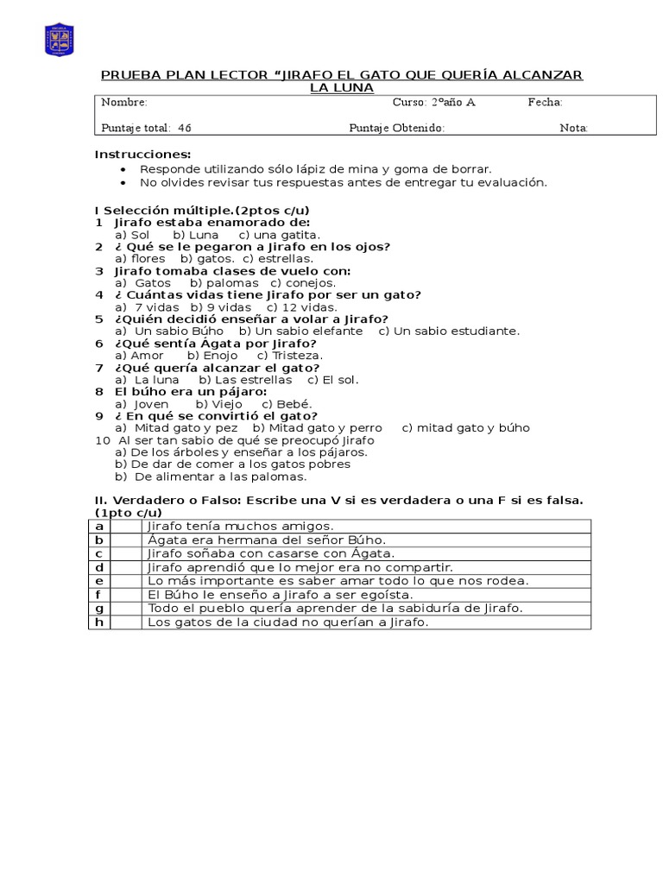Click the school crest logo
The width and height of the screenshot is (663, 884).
[59, 40]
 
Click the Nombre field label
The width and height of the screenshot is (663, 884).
[124, 102]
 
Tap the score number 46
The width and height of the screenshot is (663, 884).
[185, 128]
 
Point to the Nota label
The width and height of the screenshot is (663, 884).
[574, 128]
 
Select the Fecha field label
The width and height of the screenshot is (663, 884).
[546, 102]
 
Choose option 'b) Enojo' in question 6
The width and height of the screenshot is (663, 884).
[213, 355]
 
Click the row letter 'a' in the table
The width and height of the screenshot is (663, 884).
[99, 526]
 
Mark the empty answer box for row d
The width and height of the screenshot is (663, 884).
[126, 567]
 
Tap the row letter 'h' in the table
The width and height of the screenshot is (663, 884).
[99, 622]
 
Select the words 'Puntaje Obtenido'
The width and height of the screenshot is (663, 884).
[396, 128]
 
